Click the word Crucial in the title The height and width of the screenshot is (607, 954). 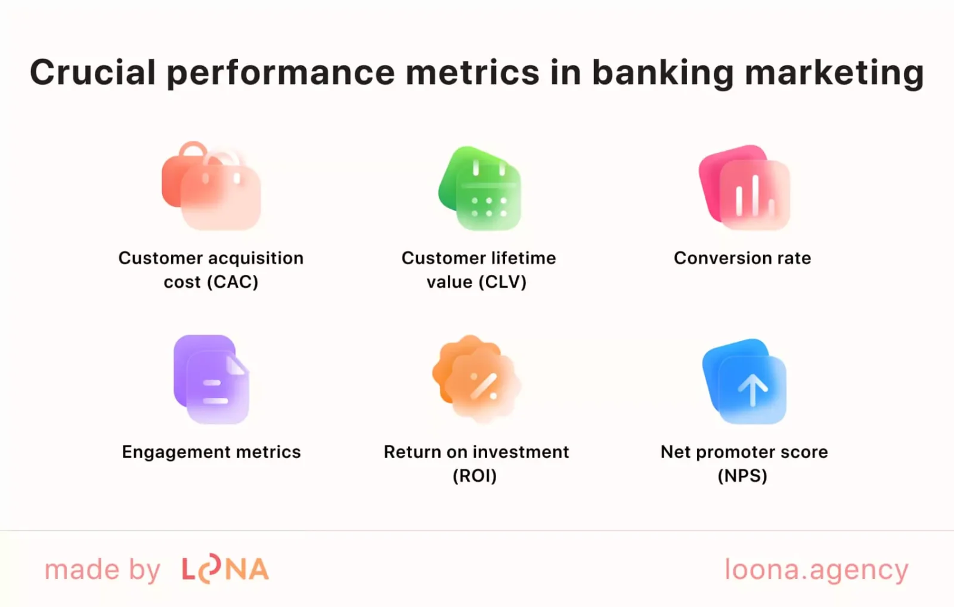(x=92, y=73)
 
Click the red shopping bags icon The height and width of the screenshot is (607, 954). (x=211, y=186)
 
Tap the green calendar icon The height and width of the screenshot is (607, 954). (x=481, y=188)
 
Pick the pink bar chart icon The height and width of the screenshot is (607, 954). (x=745, y=187)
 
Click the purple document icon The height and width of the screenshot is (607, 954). (x=212, y=379)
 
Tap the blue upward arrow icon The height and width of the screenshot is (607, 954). (x=745, y=382)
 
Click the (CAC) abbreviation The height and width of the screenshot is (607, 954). (x=232, y=282)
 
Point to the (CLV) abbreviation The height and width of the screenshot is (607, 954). (x=502, y=282)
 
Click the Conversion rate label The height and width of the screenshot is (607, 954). (x=742, y=258)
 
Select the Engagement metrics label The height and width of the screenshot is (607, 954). (x=211, y=452)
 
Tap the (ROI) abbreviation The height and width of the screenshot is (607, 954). (x=475, y=476)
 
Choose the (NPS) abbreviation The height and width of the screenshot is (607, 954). (x=742, y=476)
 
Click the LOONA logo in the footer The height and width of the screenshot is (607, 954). (x=225, y=569)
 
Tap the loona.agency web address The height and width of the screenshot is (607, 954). (x=816, y=570)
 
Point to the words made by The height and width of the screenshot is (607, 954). (x=103, y=570)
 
